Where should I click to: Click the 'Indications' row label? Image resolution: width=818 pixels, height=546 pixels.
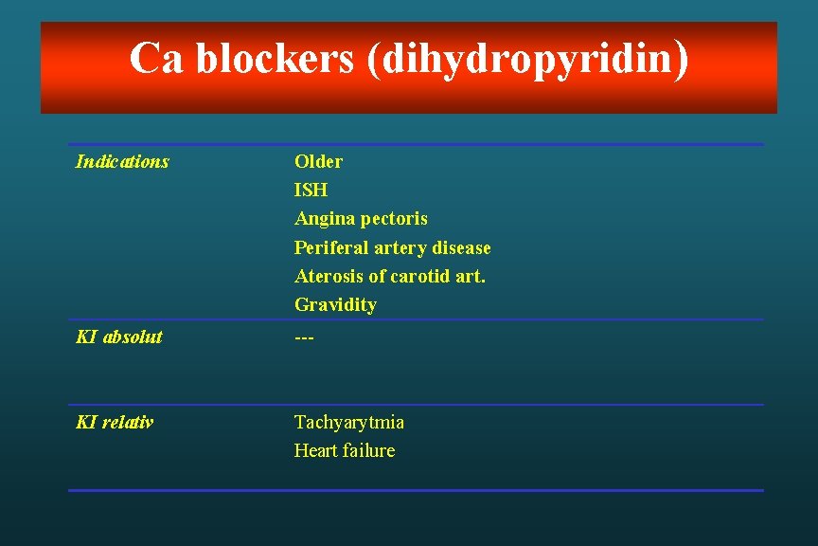pos(122,162)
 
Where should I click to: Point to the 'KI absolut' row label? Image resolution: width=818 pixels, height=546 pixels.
pos(119,337)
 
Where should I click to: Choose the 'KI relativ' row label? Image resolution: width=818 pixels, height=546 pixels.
pos(115,422)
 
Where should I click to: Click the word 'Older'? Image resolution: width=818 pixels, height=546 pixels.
pos(318,162)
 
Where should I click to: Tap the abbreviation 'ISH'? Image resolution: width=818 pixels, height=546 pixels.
pos(311,191)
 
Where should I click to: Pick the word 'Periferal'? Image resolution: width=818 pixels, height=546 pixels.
pos(330,248)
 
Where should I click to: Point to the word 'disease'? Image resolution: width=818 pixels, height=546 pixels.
pos(461,248)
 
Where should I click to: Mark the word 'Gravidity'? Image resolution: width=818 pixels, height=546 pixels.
pos(335,305)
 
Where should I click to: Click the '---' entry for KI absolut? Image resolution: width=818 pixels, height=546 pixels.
pos(304,337)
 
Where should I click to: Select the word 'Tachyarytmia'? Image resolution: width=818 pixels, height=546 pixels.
pos(349,423)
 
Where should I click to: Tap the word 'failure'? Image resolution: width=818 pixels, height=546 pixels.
pos(370,451)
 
